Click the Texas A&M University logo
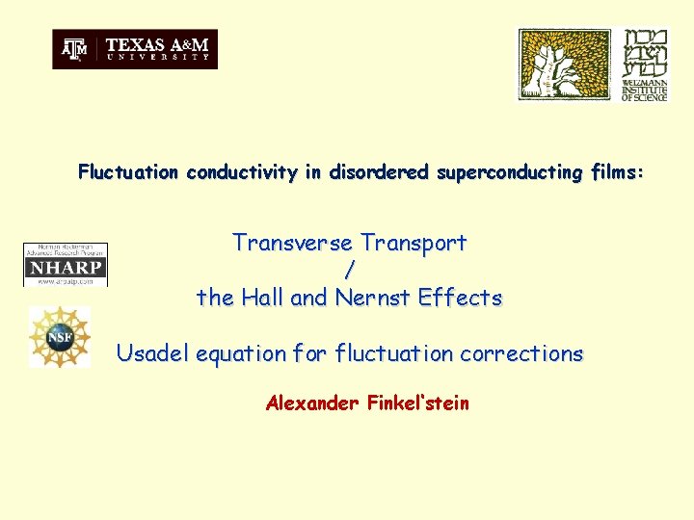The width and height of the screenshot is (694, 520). click(x=135, y=49)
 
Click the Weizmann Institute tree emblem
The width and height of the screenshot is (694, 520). click(x=565, y=65)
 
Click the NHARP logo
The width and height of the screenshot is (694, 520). click(x=66, y=265)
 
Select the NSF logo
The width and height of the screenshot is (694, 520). click(x=59, y=336)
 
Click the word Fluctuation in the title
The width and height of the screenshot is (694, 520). click(x=129, y=173)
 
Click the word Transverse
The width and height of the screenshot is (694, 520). click(x=293, y=244)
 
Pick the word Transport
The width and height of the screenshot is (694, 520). click(x=413, y=244)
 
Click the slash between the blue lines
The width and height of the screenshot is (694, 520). click(x=349, y=271)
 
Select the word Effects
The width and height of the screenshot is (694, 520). click(x=460, y=299)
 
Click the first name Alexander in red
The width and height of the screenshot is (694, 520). click(x=312, y=403)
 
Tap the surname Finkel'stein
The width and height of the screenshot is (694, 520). click(x=418, y=403)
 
